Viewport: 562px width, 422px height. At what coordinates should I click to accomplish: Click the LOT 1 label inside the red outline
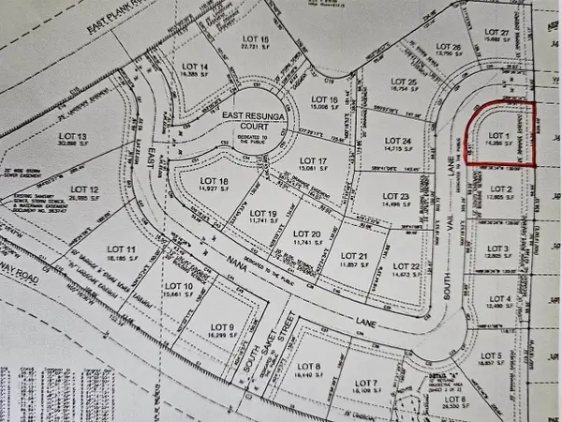(498, 136)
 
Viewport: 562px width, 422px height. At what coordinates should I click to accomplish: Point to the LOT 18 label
(217, 181)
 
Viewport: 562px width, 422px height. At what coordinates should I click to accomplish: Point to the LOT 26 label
(450, 47)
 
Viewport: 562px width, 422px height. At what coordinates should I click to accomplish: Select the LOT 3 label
(496, 249)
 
